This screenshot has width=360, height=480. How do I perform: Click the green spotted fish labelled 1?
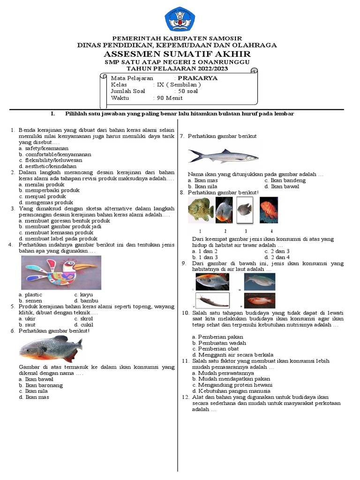pyautogui.click(x=201, y=209)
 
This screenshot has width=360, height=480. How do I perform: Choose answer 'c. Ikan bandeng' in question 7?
pyautogui.click(x=285, y=180)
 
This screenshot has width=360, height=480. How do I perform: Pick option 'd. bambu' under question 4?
pyautogui.click(x=86, y=300)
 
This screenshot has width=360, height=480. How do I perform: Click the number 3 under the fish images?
pyautogui.click(x=246, y=231)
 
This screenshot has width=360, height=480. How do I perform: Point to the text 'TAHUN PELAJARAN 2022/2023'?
pyautogui.click(x=177, y=68)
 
